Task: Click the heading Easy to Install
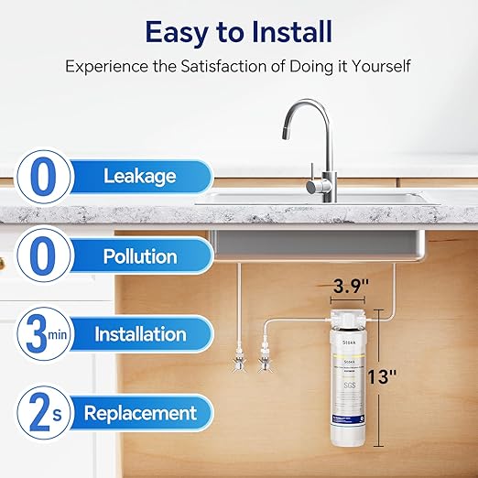(x=239, y=31)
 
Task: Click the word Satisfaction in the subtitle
(x=250, y=67)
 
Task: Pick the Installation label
(x=140, y=333)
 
